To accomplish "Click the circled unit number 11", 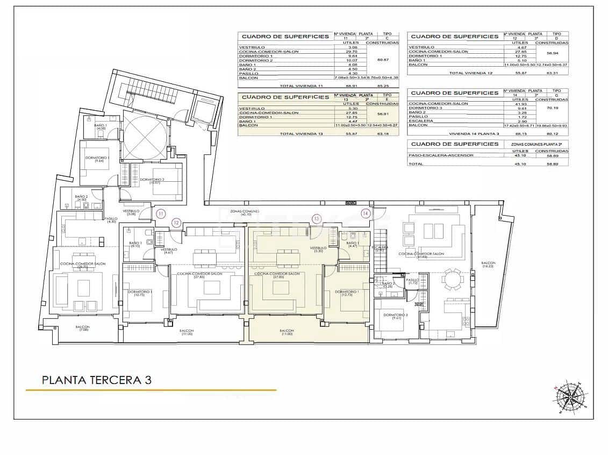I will tap(161, 214).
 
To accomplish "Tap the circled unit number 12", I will tap(176, 222).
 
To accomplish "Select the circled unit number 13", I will tap(317, 218).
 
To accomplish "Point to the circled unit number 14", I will tap(366, 214).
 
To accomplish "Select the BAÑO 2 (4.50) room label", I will tap(81, 198).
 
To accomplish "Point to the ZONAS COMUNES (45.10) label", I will tap(245, 212).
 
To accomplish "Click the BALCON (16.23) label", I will tap(488, 264).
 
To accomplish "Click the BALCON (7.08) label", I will tap(82, 328).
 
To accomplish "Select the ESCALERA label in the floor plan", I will tap(380, 248).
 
